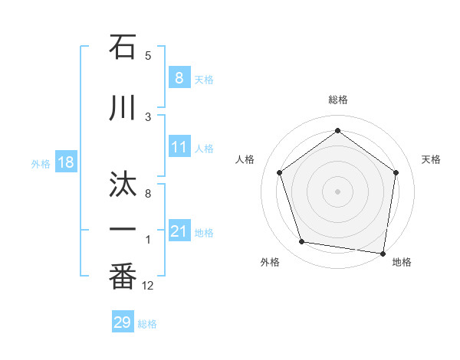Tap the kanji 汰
123,186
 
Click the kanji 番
123,278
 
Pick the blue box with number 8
179,77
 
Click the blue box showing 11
179,147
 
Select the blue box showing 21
179,231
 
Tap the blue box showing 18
65,162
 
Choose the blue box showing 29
123,322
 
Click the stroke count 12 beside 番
148,286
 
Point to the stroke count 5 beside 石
148,55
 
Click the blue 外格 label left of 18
41,163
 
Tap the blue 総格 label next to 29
147,324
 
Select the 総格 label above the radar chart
337,100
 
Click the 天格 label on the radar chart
432,159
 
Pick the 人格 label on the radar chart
245,159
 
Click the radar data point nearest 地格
382,252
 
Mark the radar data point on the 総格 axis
337,131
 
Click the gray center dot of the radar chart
337,191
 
